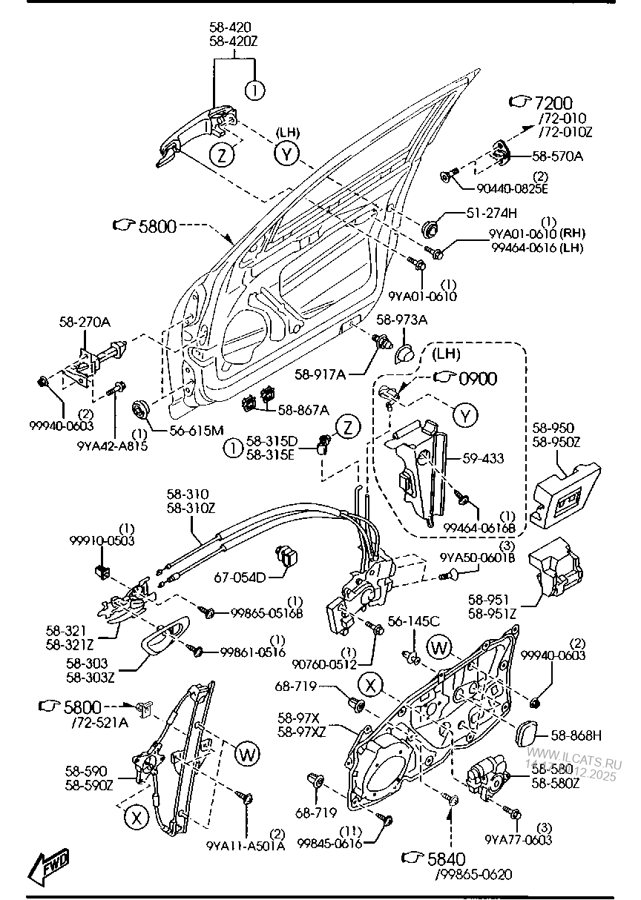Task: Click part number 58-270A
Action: point(85,322)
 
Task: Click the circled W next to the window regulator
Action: point(247,755)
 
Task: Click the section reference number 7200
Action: point(554,103)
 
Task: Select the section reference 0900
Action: point(478,378)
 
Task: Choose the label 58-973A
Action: point(401,320)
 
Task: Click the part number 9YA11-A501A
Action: point(245,844)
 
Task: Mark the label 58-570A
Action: point(558,156)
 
